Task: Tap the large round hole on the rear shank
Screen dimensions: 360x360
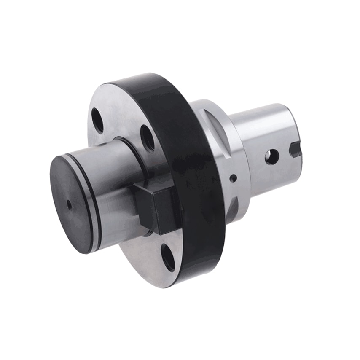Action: pyautogui.click(x=271, y=156)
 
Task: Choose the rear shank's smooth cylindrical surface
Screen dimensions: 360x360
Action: pyautogui.click(x=261, y=126)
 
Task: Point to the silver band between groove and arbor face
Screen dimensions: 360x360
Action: pyautogui.click(x=89, y=202)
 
